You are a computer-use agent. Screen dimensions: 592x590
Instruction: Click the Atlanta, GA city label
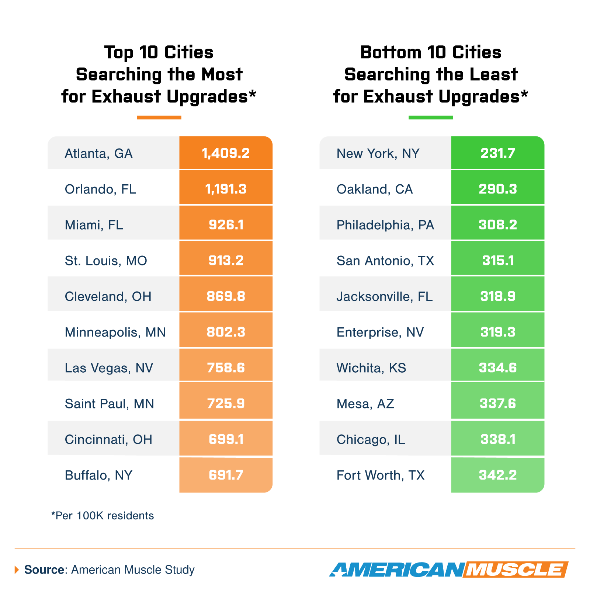[x=98, y=153]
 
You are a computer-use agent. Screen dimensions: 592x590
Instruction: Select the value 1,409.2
[x=226, y=153]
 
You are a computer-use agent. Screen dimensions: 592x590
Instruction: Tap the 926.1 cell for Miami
[x=226, y=224]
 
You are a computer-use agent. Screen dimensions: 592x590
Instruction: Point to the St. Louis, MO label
[x=106, y=261]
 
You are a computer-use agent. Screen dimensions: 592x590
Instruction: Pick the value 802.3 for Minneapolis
[x=226, y=332]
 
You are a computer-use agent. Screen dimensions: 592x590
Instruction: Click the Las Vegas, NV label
[x=109, y=368]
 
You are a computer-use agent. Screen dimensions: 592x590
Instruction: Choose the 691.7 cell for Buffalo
[x=226, y=475]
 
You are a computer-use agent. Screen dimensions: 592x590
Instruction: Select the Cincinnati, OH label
[x=108, y=439]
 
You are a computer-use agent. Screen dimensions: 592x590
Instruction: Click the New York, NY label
[x=378, y=153]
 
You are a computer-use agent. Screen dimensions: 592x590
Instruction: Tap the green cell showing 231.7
[x=497, y=153]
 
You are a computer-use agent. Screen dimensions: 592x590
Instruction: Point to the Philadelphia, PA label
[x=385, y=225]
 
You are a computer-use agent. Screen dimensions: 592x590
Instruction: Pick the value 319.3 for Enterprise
[x=497, y=332]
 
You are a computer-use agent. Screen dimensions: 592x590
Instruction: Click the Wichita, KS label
[x=371, y=368]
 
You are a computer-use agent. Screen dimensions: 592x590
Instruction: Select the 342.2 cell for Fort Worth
[x=497, y=475]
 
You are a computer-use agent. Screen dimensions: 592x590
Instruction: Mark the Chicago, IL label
[x=371, y=439]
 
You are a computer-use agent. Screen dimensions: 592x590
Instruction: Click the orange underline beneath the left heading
[x=159, y=118]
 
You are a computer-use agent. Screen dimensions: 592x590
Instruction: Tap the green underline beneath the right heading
[x=431, y=118]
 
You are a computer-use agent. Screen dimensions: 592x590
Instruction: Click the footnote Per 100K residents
[x=103, y=515]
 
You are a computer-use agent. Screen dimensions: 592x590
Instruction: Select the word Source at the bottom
[x=44, y=570]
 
